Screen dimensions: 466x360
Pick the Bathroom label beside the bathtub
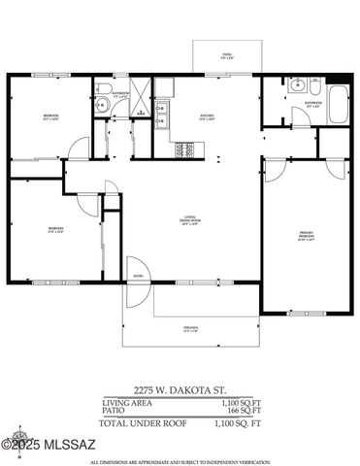click(x=312, y=103)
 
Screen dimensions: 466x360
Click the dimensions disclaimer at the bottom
click(x=180, y=459)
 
